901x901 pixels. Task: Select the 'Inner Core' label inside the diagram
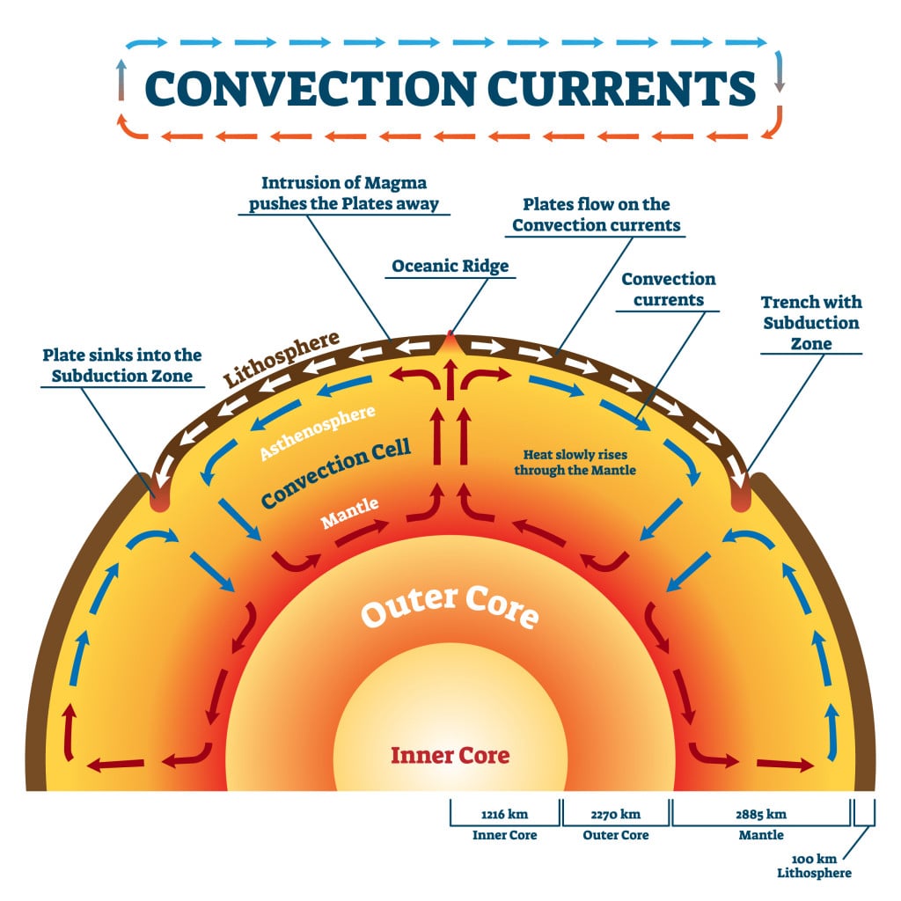click(450, 754)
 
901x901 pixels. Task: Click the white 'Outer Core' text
click(450, 606)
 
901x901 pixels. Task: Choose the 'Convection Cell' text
click(336, 476)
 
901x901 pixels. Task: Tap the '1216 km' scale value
click(505, 814)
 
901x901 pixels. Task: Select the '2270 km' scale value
click(616, 814)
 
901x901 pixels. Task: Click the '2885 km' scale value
click(762, 814)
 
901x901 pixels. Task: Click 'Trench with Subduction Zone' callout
click(810, 323)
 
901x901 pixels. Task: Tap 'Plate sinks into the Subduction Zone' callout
click(122, 366)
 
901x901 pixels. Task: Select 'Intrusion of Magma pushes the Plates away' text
click(350, 194)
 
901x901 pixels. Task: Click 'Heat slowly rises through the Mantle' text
click(580, 462)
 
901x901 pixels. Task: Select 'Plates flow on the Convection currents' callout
click(596, 214)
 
